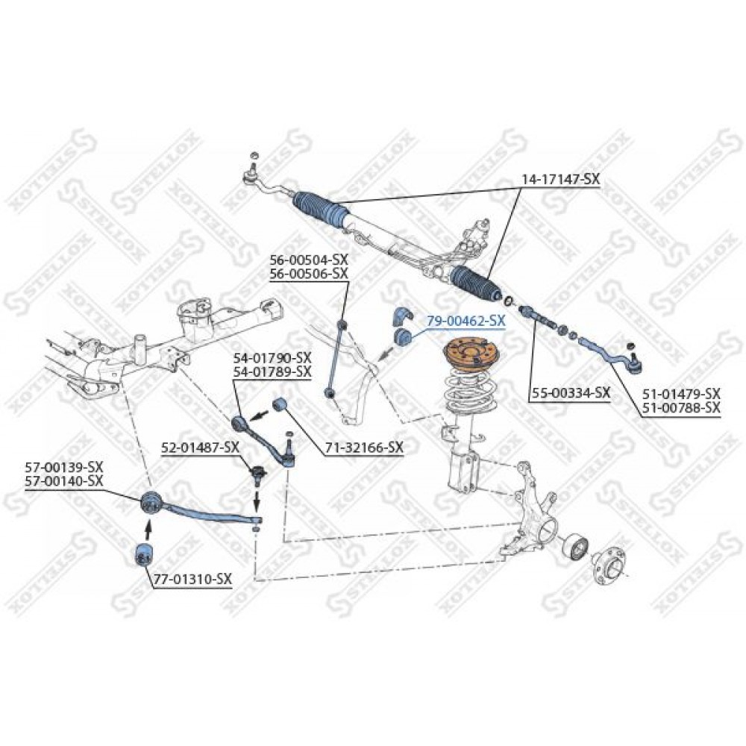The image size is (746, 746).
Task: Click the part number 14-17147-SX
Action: [x=560, y=179]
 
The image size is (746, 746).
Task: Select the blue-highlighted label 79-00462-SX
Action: [x=466, y=321]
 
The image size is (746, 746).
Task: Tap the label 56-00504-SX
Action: [x=310, y=260]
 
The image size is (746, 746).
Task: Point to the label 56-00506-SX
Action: [x=310, y=274]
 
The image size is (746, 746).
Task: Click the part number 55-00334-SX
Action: [x=569, y=393]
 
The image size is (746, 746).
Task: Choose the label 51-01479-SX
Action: [x=681, y=394]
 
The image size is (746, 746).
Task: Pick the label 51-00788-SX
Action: [x=681, y=408]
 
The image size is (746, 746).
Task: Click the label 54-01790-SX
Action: [x=272, y=357]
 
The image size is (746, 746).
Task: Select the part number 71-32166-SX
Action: [x=365, y=447]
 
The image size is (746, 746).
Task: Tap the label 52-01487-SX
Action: [x=200, y=447]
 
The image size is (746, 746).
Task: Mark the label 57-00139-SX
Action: [x=64, y=467]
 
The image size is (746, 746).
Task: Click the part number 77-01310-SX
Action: [x=192, y=579]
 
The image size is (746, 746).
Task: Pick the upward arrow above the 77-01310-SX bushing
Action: [x=148, y=529]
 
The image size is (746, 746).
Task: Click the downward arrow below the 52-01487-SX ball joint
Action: [x=257, y=501]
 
